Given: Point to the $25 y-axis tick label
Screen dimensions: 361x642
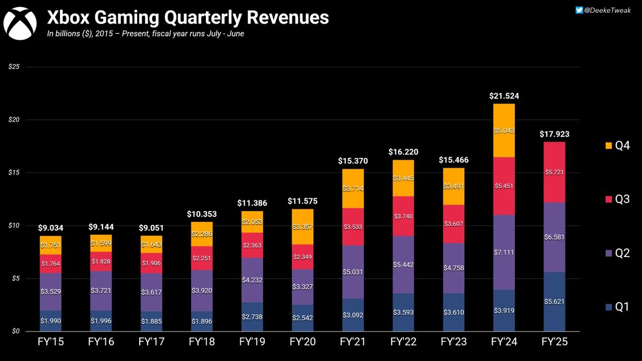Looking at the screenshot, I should tap(14, 66).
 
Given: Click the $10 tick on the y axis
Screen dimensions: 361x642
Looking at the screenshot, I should tap(14, 225).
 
